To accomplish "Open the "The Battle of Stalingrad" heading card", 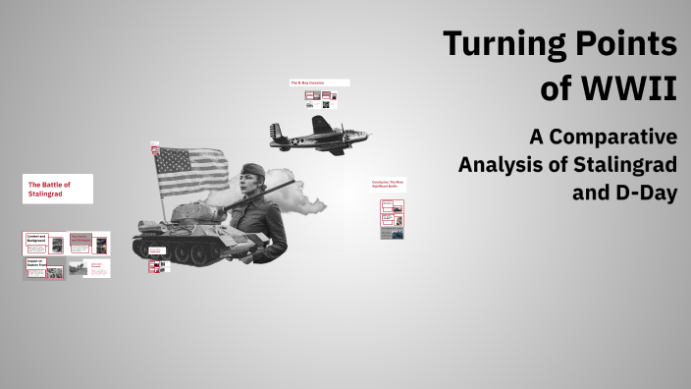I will point(58,189).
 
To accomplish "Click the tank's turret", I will point(196,210).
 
